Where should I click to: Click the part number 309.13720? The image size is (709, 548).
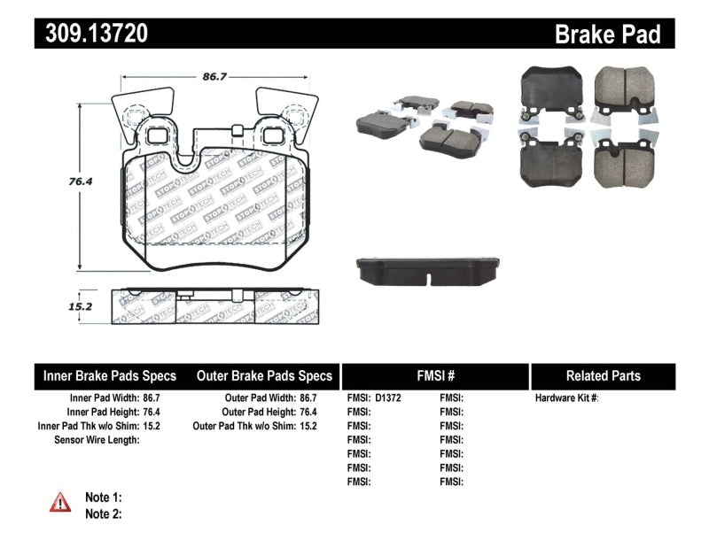[x=90, y=34]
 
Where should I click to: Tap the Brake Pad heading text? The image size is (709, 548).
[x=607, y=35]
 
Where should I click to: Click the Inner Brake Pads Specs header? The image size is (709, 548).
[x=110, y=375]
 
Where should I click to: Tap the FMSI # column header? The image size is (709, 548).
[x=434, y=375]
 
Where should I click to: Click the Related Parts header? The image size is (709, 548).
[x=603, y=375]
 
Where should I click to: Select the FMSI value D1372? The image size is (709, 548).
[x=388, y=398]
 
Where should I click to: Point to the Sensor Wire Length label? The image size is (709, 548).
[x=97, y=440]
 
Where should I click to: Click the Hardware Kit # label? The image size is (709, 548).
[x=566, y=398]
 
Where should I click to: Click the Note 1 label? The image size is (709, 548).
[x=103, y=498]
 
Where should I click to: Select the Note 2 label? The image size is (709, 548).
[x=103, y=513]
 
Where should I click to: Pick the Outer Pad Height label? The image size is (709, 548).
[x=257, y=412]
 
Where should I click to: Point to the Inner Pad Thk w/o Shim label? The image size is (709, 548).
[x=88, y=426]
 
